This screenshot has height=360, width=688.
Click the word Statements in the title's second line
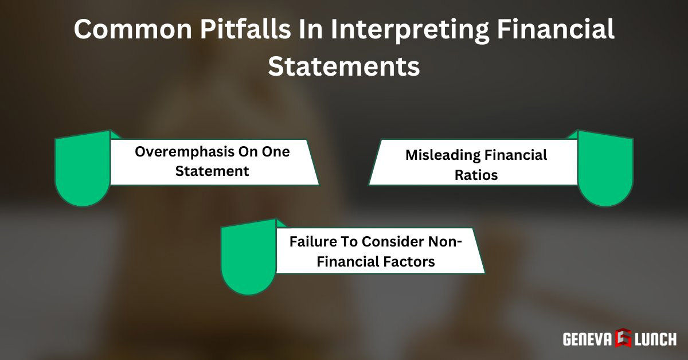coord(344,66)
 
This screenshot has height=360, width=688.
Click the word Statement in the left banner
coord(213,171)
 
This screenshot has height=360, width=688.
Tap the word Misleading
coord(441,155)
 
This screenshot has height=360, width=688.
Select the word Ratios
coord(476,175)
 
